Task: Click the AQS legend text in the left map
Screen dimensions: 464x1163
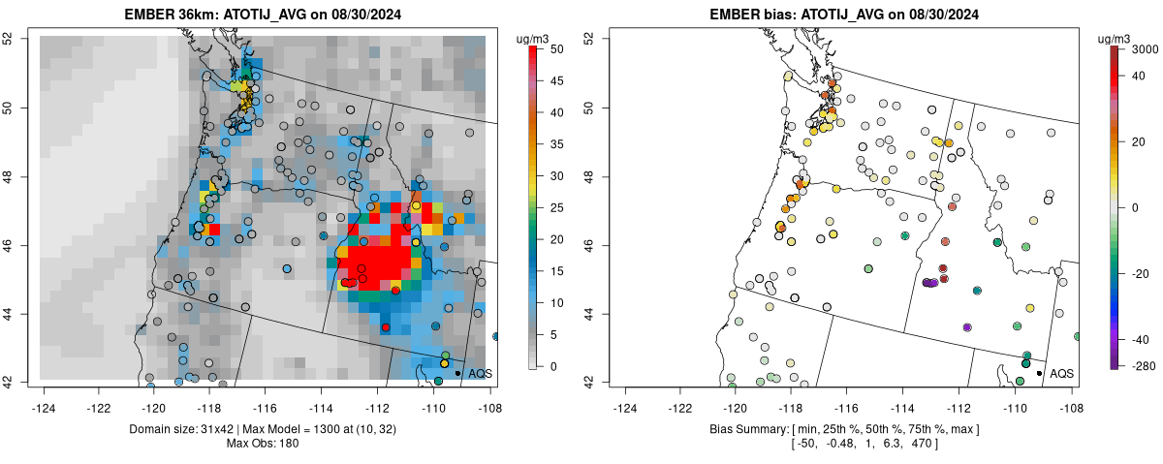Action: pyautogui.click(x=481, y=373)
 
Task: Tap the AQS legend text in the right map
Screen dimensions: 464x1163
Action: pyautogui.click(x=1062, y=373)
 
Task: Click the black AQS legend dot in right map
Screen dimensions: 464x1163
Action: pyautogui.click(x=1039, y=373)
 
